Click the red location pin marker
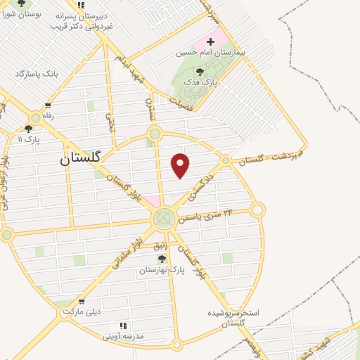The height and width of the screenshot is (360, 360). tap(181, 165)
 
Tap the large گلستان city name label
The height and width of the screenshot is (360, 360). tap(81, 159)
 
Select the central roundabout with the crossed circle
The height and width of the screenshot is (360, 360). tap(164, 218)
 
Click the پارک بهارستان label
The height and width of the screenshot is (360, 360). tap(161, 269)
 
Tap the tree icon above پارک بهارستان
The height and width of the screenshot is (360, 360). tap(162, 259)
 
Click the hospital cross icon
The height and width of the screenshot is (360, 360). tap(210, 41)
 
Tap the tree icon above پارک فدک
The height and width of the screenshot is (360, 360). tap(200, 72)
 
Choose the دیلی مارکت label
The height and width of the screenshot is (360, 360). tap(82, 311)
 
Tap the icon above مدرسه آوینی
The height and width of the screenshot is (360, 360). tap(124, 326)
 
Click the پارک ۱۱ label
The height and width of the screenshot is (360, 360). tap(28, 139)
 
